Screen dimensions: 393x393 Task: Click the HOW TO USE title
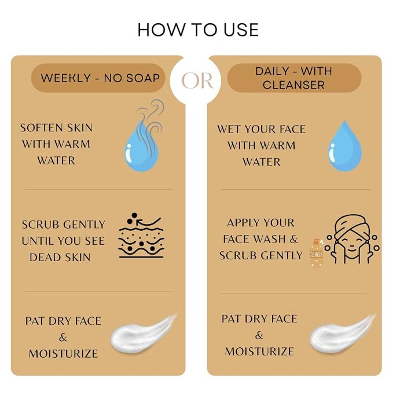point(198,30)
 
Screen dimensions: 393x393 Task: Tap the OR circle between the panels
point(197,80)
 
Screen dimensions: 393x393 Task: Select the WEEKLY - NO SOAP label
point(100,78)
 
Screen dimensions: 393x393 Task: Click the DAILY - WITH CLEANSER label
point(294,78)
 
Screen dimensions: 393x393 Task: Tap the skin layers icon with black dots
point(141,236)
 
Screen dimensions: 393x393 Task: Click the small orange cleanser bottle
point(316,253)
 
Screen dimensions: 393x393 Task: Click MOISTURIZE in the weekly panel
point(64,354)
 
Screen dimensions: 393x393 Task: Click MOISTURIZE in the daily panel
point(259,352)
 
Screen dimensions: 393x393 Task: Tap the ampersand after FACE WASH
point(293,239)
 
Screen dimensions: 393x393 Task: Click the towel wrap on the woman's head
point(350,223)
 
